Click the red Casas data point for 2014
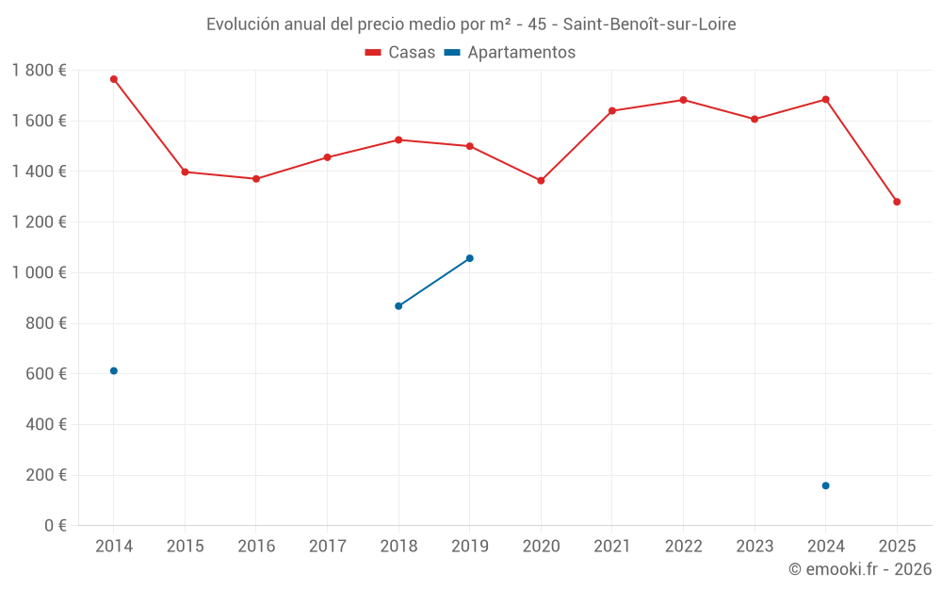pyautogui.click(x=114, y=79)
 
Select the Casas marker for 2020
pyautogui.click(x=541, y=180)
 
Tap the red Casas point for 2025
pyautogui.click(x=897, y=202)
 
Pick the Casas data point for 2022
pyautogui.click(x=683, y=100)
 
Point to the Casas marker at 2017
pyautogui.click(x=327, y=157)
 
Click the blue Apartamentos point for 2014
pyautogui.click(x=114, y=370)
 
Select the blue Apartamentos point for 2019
pyautogui.click(x=470, y=258)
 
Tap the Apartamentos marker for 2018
pyautogui.click(x=398, y=306)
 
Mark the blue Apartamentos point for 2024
pyautogui.click(x=826, y=485)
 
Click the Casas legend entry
pyautogui.click(x=400, y=53)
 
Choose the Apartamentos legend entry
pyautogui.click(x=510, y=53)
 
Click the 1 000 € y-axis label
pyautogui.click(x=40, y=272)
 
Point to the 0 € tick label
pyautogui.click(x=53, y=525)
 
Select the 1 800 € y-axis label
pyautogui.click(x=40, y=70)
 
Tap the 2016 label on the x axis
pyautogui.click(x=256, y=547)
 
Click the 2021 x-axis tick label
pyautogui.click(x=612, y=547)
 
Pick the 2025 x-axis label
pyautogui.click(x=897, y=547)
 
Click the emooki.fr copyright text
pyautogui.click(x=860, y=569)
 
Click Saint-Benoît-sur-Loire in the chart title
pyautogui.click(x=649, y=25)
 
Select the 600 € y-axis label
pyautogui.click(x=45, y=373)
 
